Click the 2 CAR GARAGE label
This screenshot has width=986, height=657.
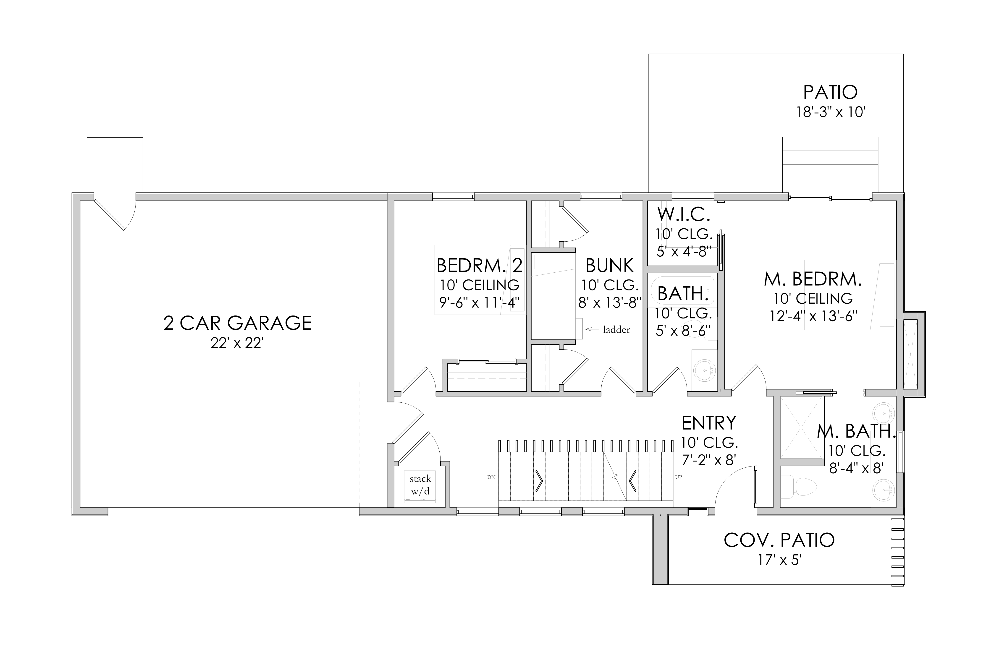click(x=237, y=323)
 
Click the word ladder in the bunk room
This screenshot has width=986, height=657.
click(x=616, y=330)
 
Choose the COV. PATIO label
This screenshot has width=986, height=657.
click(x=779, y=540)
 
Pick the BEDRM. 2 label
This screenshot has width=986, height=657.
click(x=480, y=266)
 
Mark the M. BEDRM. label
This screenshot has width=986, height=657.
click(x=813, y=279)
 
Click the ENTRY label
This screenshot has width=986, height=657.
click(x=709, y=423)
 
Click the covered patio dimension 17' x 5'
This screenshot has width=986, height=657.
click(x=779, y=560)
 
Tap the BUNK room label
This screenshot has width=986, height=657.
click(x=610, y=266)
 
